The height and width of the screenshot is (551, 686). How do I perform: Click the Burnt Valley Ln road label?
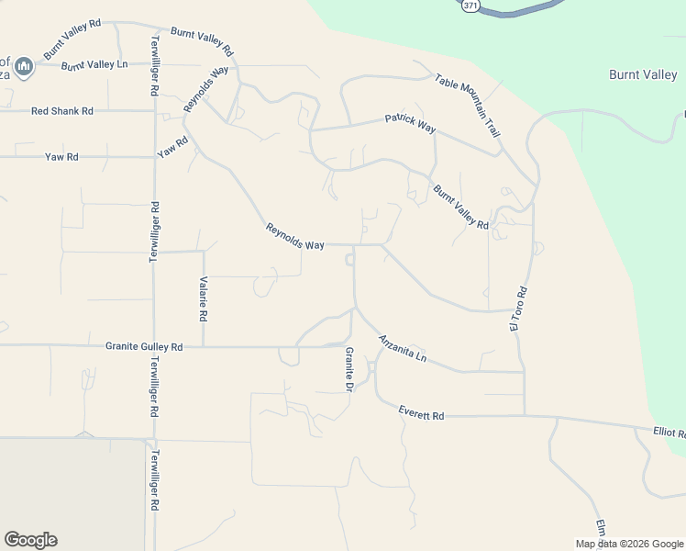point(93,65)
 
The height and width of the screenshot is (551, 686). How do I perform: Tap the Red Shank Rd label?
point(62,111)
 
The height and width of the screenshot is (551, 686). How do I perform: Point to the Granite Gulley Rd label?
point(144,346)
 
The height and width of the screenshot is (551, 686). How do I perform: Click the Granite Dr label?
point(349,370)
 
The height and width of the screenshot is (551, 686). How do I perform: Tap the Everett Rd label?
point(421,415)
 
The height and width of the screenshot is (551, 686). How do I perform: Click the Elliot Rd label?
point(669,432)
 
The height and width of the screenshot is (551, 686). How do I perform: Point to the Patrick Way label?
point(410,122)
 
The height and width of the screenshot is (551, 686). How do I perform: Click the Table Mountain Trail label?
point(468,106)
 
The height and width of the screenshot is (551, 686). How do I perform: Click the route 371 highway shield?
point(470,6)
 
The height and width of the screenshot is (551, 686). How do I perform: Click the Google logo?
point(30,540)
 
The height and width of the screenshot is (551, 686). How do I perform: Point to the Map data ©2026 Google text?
point(628,544)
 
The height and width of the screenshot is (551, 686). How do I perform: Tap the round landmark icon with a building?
point(25,66)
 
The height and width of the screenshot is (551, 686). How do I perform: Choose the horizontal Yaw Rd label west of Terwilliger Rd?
point(61,157)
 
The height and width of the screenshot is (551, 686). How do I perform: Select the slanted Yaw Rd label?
point(172,147)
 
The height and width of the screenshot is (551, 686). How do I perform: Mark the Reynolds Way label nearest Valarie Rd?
point(294,237)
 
